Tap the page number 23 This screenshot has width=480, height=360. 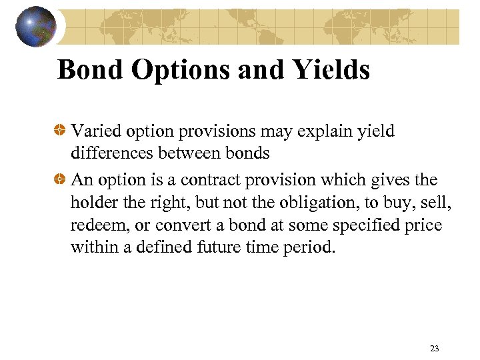click(x=435, y=348)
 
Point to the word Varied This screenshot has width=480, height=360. click(x=93, y=131)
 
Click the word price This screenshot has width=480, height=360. click(x=424, y=225)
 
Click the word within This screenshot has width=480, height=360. click(x=91, y=248)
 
